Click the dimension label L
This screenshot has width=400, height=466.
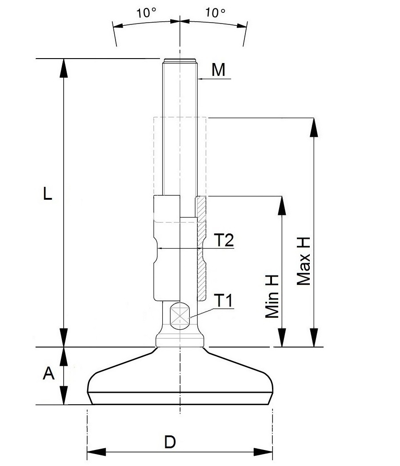tap(48, 194)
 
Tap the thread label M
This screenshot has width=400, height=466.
tap(218, 70)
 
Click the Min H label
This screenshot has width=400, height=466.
tap(272, 296)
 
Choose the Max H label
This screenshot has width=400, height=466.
tap(304, 260)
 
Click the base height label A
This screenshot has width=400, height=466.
tap(48, 374)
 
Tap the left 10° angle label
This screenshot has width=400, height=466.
tap(146, 13)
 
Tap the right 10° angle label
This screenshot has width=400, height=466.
tap(215, 13)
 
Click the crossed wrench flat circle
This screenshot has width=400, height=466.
tap(180, 316)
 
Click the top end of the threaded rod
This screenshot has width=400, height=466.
tap(180, 60)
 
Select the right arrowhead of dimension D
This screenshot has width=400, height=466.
tap(265, 453)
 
